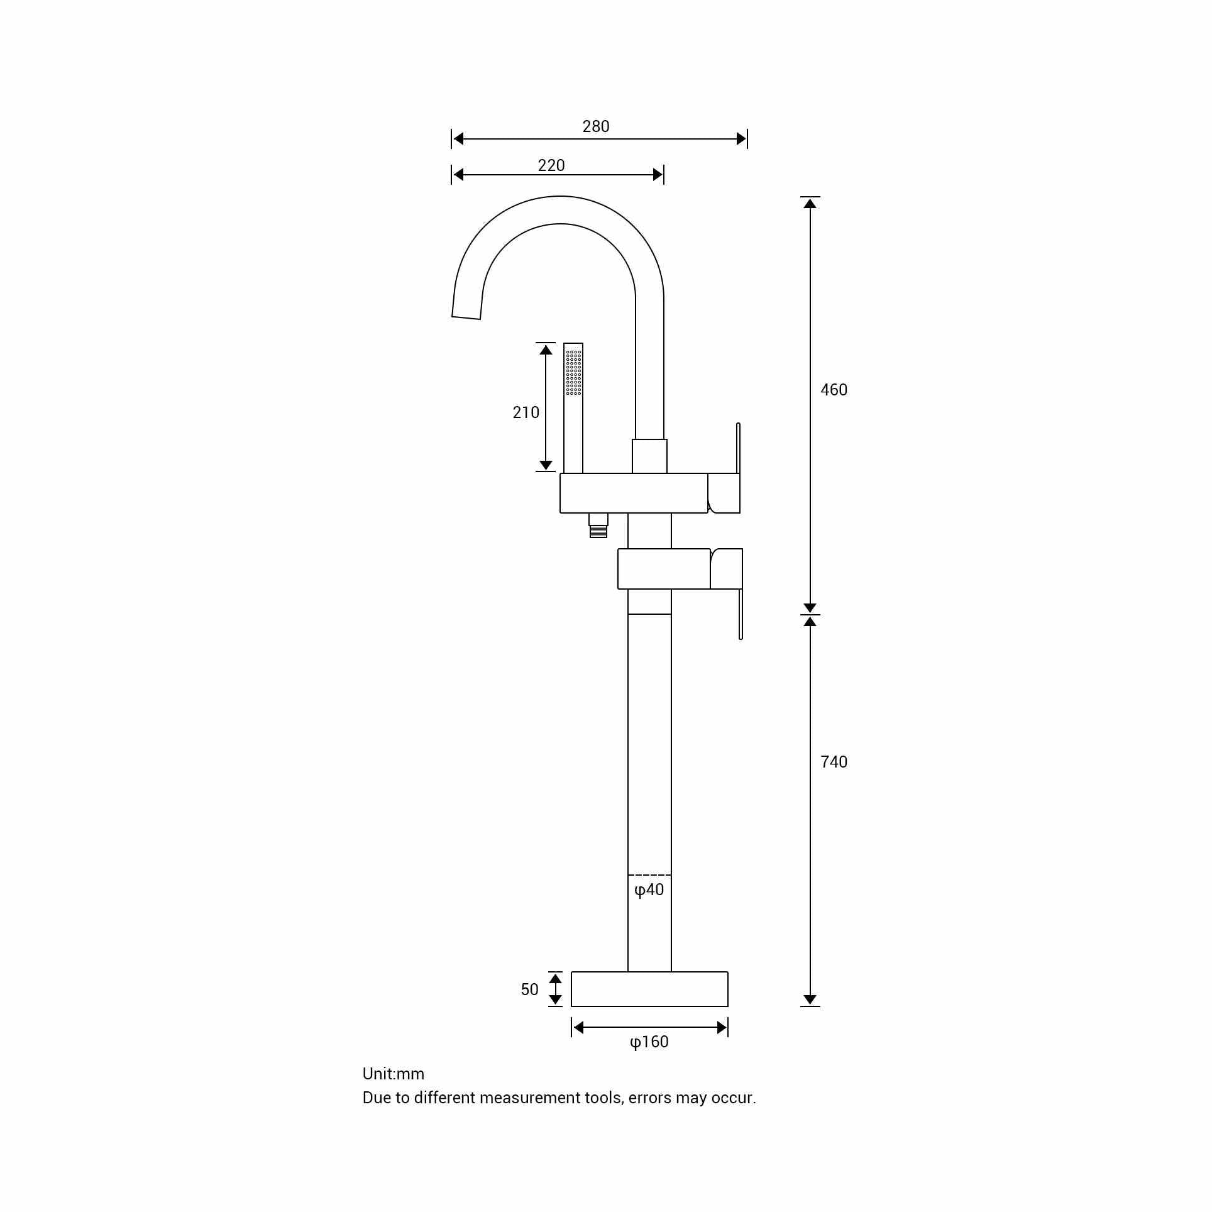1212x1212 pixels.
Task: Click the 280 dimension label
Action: click(595, 126)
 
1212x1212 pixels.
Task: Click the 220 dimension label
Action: click(551, 165)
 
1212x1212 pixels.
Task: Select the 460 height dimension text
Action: click(833, 390)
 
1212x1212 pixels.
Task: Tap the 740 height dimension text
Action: click(833, 762)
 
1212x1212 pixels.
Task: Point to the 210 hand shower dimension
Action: click(526, 412)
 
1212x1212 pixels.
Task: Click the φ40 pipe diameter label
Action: click(649, 890)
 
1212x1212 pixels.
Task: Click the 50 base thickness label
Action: click(529, 989)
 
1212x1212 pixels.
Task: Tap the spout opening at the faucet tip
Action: click(466, 317)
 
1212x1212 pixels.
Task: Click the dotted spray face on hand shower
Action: click(573, 372)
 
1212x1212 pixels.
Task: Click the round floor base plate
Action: click(649, 989)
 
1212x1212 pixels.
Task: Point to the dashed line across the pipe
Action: click(649, 874)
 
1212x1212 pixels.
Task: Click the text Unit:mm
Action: click(393, 1074)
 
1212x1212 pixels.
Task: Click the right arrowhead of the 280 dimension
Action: click(741, 139)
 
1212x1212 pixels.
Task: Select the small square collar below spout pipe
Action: click(649, 456)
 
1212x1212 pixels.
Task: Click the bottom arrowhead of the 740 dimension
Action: click(810, 1000)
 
